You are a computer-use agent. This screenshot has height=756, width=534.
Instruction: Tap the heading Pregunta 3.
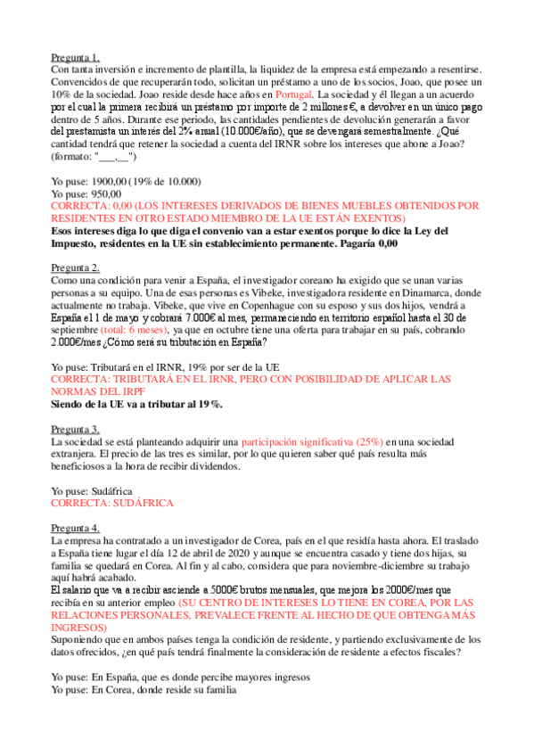75,428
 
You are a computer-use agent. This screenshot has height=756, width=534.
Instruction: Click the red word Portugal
294,94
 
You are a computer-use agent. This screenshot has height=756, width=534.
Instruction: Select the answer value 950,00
106,193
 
